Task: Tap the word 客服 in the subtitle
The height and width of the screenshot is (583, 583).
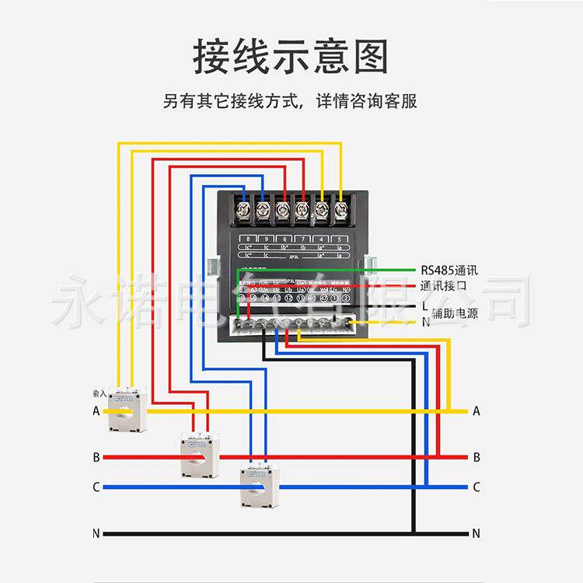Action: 400,102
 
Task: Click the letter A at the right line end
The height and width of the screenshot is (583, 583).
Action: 476,411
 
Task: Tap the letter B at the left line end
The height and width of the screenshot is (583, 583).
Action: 96,456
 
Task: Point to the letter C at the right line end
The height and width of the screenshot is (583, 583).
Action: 476,487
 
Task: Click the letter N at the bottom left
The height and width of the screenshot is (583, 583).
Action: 96,533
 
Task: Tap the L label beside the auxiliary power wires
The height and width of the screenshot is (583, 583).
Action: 424,306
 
